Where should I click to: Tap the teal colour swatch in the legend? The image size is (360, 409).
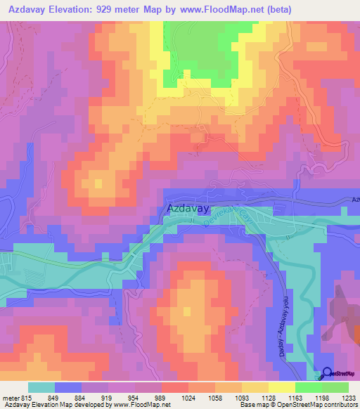click(x=41, y=387)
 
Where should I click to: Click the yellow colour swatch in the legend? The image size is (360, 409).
click(x=281, y=387)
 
